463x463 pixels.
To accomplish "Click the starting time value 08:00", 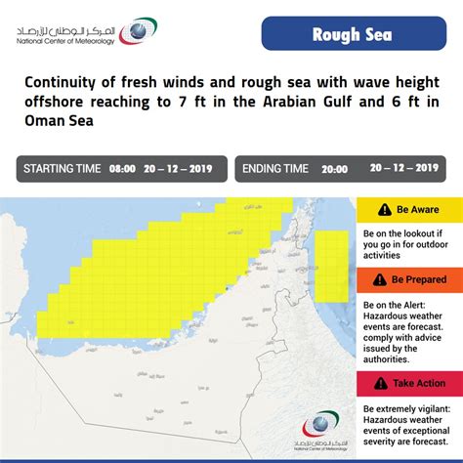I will point(121,169).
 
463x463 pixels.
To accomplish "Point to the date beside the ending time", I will point(403,168).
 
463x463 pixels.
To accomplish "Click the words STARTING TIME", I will point(63,169).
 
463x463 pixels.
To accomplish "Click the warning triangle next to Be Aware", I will point(375,210).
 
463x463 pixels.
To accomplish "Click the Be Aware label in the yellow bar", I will point(417,210).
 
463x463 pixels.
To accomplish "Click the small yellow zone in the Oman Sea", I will point(334,264).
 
